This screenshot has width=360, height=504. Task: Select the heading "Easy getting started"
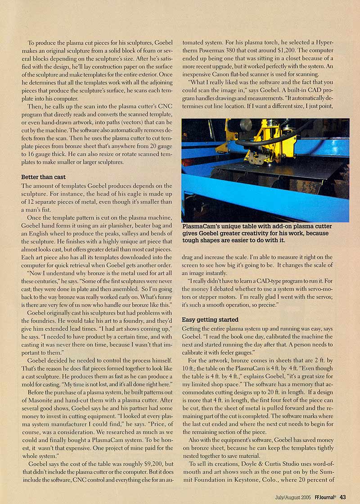pos(210,319)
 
